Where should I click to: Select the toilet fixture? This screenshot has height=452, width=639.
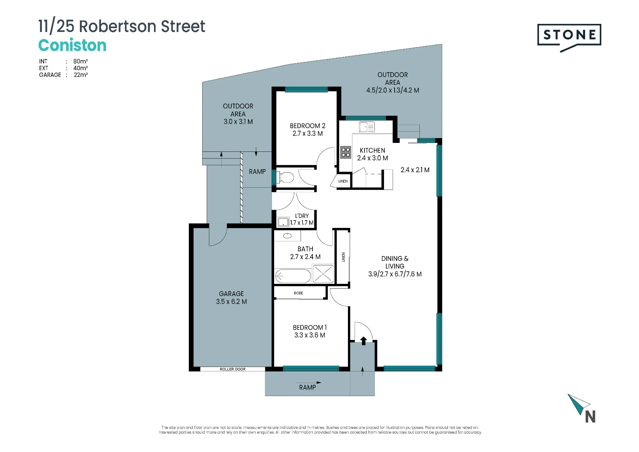point(285,177)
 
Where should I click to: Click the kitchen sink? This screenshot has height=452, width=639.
point(366,127)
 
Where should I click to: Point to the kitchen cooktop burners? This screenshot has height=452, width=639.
point(346,152)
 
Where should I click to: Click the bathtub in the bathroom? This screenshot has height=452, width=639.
point(293,276)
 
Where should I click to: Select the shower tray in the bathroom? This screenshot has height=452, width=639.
point(323,274)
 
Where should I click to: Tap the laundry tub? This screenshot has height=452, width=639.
point(283,222)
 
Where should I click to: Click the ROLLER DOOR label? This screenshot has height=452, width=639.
point(233,369)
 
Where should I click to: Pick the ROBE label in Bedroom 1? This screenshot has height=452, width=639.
point(298,293)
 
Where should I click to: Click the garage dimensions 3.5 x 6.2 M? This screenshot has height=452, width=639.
point(231,301)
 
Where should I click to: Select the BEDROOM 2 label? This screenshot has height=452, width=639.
point(307,126)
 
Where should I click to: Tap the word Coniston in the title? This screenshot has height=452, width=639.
point(72,45)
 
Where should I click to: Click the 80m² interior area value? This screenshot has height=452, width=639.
point(81,61)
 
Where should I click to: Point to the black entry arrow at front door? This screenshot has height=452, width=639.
point(364,341)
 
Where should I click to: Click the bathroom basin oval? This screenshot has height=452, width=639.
point(288,236)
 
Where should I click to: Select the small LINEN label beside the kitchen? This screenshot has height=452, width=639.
point(343,181)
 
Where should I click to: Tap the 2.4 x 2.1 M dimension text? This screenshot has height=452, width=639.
point(415,170)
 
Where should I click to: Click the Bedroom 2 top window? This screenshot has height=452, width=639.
point(306,90)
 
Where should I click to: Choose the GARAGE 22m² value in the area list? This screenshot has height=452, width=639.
point(81,75)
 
